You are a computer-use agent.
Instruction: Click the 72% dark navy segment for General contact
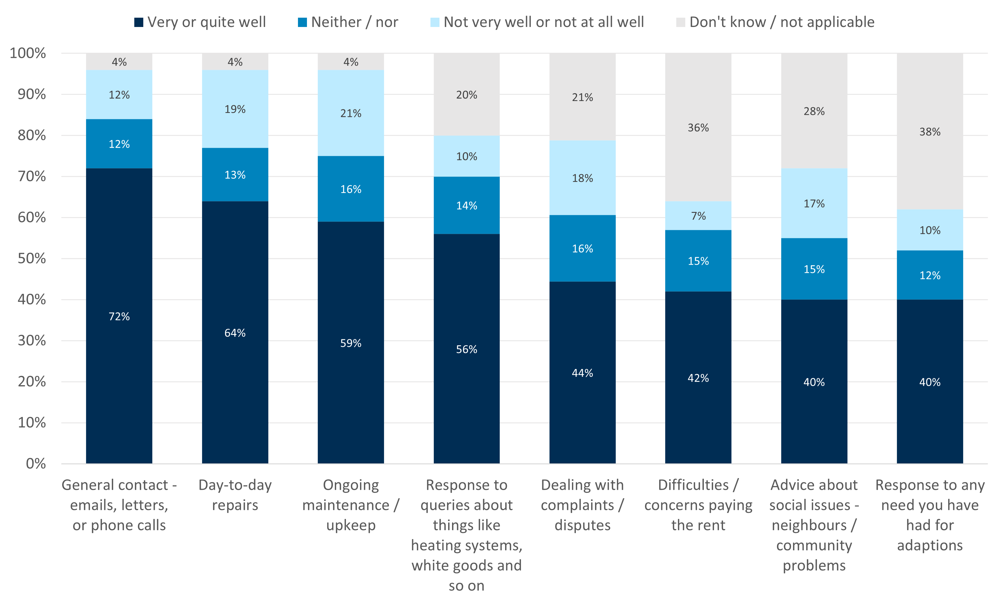click(119, 316)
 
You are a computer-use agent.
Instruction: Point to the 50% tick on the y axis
click(32, 258)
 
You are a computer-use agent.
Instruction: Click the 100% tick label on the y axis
click(28, 53)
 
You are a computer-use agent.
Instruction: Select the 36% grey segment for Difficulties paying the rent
click(698, 127)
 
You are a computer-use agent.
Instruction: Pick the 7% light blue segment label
click(698, 216)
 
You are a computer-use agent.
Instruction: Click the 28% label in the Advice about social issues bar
click(814, 111)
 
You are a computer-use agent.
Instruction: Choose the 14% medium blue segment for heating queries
click(466, 206)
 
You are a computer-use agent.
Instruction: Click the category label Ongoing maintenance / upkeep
click(350, 505)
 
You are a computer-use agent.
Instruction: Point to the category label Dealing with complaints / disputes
click(582, 505)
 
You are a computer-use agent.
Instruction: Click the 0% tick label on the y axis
click(36, 464)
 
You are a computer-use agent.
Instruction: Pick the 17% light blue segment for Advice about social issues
click(814, 203)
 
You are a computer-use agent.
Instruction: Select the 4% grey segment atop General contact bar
click(119, 62)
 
